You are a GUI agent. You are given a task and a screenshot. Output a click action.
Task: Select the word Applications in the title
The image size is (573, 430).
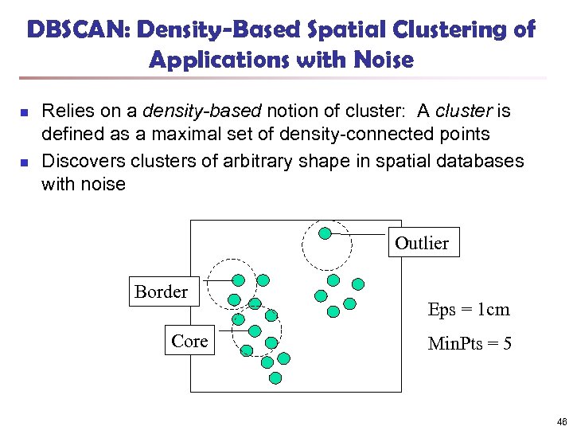218,60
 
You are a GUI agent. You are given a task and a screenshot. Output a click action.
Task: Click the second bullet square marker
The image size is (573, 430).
25,163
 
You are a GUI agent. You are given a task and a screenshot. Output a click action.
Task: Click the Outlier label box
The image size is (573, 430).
421,243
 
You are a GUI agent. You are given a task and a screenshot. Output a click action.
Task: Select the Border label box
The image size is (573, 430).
161,291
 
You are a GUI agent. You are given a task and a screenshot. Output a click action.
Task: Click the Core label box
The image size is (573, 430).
189,341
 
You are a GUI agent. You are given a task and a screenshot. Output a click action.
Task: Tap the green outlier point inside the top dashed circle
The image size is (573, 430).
325,233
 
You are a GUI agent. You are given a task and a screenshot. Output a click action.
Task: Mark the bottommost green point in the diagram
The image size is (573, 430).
275,377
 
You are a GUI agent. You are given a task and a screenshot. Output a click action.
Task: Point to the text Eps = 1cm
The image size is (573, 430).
468,310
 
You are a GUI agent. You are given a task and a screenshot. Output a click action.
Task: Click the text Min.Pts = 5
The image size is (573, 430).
470,344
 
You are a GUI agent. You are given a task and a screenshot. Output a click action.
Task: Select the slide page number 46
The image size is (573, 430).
562,421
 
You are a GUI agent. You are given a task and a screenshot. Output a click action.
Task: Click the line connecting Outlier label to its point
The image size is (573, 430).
360,235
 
